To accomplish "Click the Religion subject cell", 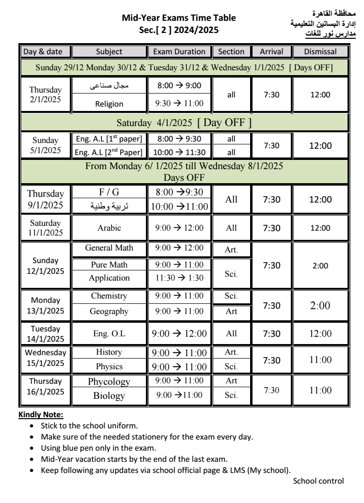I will click(x=109, y=103).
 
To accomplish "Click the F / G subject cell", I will click(x=109, y=193).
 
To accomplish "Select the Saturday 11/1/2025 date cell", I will click(x=46, y=228).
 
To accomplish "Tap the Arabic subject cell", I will click(x=109, y=228).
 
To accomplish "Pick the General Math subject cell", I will click(x=109, y=249).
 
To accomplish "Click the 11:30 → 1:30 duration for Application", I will click(x=179, y=279).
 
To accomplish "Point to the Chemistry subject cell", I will click(x=109, y=296).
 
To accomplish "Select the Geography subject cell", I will click(x=109, y=311).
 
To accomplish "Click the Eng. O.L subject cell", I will click(x=109, y=333).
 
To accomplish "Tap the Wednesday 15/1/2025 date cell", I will click(x=46, y=359).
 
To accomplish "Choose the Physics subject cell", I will click(x=109, y=366).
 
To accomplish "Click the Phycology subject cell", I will click(x=109, y=382).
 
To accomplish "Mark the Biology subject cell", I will click(x=109, y=396).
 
